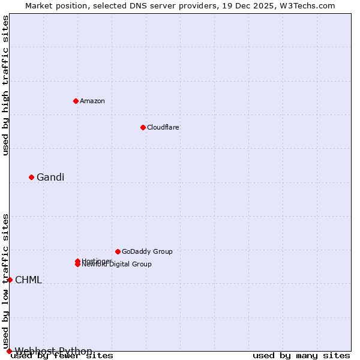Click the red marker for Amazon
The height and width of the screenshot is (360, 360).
[x=76, y=101]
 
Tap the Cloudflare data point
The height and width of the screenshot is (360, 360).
[x=143, y=127]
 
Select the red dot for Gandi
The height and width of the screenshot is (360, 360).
[x=31, y=177]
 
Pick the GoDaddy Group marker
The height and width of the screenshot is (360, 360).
[x=118, y=251]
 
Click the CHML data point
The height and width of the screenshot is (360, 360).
[x=10, y=280]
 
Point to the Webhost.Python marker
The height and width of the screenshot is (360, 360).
[x=9, y=351]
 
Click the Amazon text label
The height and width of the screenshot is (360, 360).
[x=92, y=101]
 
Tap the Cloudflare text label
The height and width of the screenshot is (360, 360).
[x=163, y=127]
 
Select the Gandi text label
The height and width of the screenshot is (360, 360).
[x=50, y=177]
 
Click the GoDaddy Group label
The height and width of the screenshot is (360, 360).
[x=147, y=251]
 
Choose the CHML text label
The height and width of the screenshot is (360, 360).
[x=28, y=280]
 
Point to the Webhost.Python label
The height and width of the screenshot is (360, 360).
[x=53, y=351]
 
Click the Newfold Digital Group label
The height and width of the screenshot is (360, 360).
[x=117, y=265]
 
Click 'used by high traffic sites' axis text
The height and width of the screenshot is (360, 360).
[x=5, y=85]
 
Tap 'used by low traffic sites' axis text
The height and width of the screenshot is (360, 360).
[x=5, y=281]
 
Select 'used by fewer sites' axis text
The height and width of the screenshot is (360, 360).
[x=62, y=356]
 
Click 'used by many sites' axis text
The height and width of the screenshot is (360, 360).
[x=301, y=356]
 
